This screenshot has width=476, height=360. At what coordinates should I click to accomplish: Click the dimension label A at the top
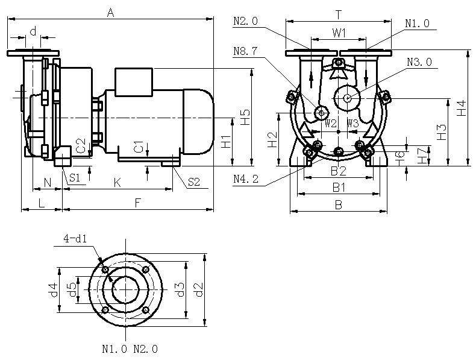coord(110,11)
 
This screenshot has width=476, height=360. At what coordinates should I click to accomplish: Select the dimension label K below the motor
coord(118,182)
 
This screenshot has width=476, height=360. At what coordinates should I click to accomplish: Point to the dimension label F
coord(138,203)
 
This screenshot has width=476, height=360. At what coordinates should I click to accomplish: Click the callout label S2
coord(193,181)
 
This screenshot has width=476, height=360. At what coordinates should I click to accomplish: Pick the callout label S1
coord(74,177)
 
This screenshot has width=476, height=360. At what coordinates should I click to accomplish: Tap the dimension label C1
coord(139,147)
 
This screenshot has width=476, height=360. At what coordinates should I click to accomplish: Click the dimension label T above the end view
coord(339,13)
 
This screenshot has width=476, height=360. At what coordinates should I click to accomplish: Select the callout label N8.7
coord(245,51)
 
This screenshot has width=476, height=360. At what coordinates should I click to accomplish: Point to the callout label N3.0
coord(419,62)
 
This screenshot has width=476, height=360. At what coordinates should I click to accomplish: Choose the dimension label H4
coord(461,108)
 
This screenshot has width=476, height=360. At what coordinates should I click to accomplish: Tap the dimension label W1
coord(339,31)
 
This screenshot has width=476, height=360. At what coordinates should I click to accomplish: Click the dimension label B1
coord(339,187)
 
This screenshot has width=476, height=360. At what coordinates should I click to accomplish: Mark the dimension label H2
coord(272,139)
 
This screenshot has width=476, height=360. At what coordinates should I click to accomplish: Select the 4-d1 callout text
coord(76,239)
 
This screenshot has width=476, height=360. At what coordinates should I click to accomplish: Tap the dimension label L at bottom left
coord(41,203)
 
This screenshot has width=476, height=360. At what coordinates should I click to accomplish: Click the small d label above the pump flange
coord(33,30)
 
